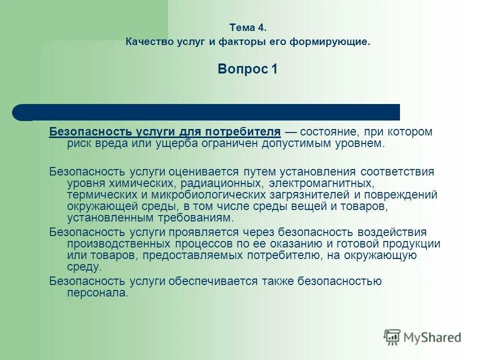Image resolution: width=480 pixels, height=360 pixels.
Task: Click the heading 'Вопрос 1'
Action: (x=247, y=69)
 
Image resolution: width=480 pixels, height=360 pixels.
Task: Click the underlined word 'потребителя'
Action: (x=250, y=132)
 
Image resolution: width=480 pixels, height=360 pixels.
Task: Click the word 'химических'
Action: (x=130, y=183)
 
